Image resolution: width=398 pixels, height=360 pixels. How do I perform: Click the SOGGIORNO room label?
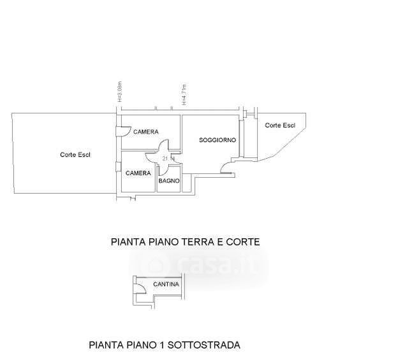pyautogui.click(x=218, y=140)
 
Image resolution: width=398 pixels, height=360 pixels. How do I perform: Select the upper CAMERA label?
pyautogui.click(x=145, y=131)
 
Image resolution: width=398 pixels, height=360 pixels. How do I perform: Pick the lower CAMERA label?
pyautogui.click(x=138, y=173)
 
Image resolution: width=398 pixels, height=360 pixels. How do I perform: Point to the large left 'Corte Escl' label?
pyautogui.click(x=75, y=154)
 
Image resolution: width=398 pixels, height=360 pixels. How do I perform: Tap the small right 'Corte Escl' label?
pyautogui.click(x=280, y=125)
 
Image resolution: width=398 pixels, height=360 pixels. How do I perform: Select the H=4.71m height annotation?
pyautogui.click(x=182, y=94)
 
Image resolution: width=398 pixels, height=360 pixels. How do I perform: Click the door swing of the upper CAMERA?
pyautogui.click(x=121, y=131)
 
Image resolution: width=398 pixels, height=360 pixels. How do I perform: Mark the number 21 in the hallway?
pyautogui.click(x=166, y=158)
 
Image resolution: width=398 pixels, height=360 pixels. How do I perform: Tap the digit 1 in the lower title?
pyautogui.click(x=163, y=345)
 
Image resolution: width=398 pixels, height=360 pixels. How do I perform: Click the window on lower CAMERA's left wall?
pyautogui.click(x=117, y=167)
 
